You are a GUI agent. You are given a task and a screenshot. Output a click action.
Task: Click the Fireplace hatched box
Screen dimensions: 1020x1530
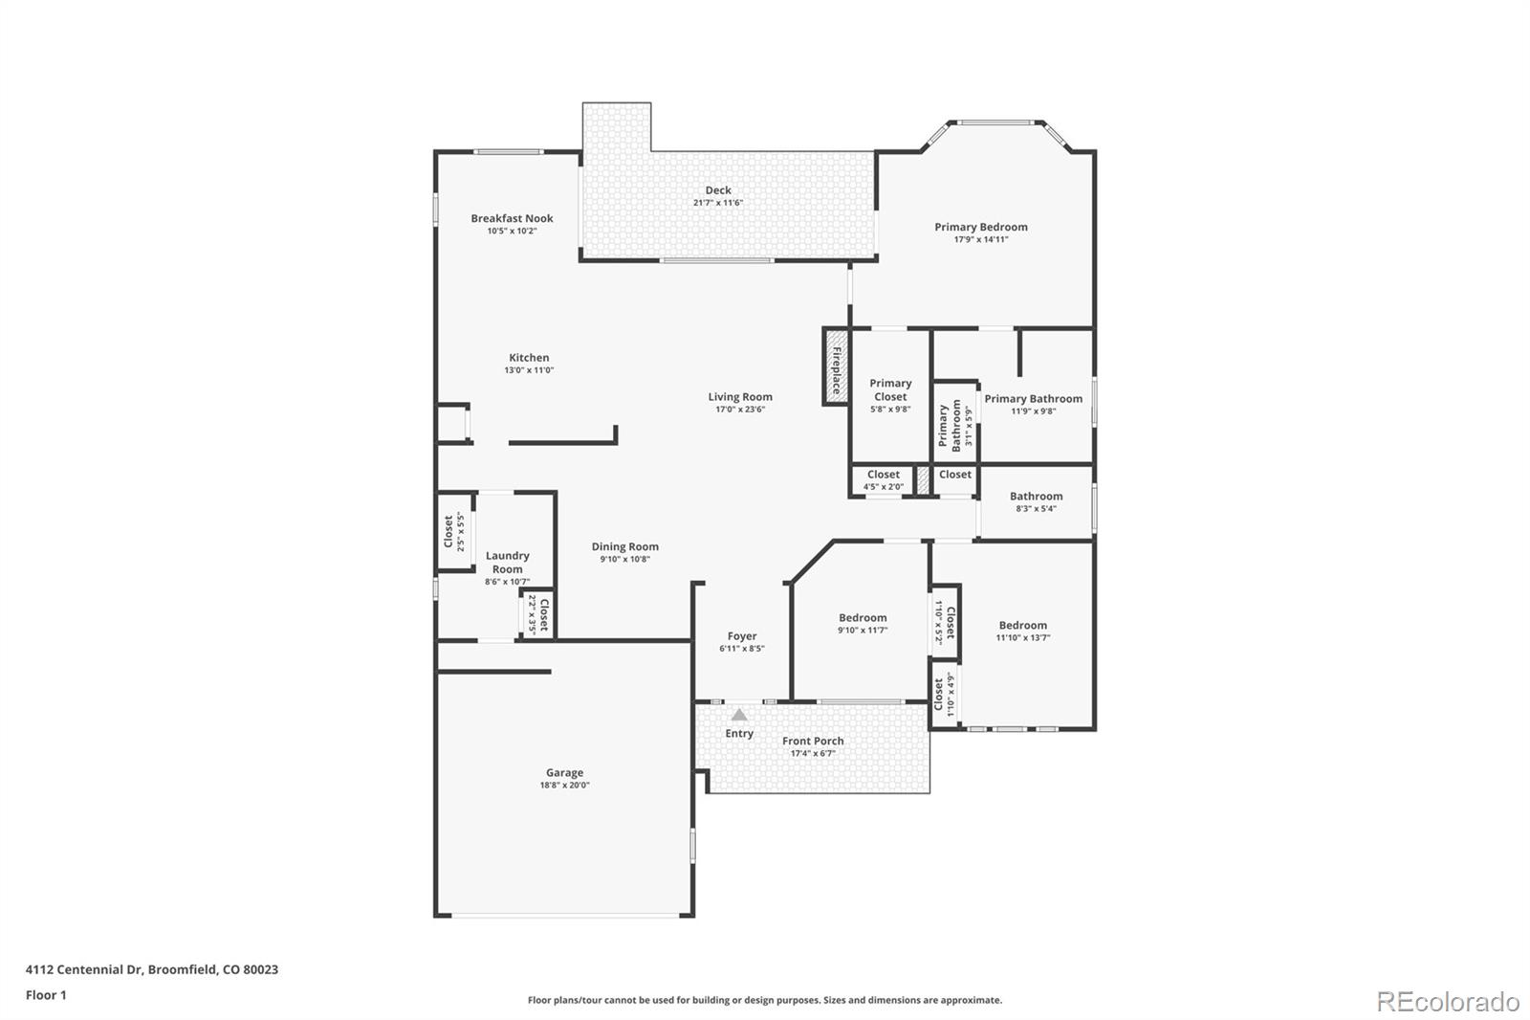pyautogui.click(x=836, y=367)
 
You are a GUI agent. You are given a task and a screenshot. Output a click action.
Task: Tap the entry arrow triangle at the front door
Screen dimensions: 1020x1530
pyautogui.click(x=739, y=715)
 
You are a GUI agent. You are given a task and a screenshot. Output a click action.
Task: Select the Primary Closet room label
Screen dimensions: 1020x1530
pyautogui.click(x=890, y=389)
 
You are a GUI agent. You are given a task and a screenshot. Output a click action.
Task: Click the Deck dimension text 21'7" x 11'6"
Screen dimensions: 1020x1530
pyautogui.click(x=718, y=203)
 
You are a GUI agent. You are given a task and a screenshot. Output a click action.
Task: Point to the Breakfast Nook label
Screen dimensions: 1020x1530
pyautogui.click(x=512, y=218)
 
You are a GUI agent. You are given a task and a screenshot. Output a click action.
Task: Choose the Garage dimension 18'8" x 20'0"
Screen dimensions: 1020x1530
pyautogui.click(x=564, y=786)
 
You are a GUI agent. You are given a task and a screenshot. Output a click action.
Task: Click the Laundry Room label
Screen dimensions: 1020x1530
pyautogui.click(x=507, y=562)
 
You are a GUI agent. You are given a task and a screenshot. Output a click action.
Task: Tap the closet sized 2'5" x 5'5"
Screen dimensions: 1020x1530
pyautogui.click(x=454, y=532)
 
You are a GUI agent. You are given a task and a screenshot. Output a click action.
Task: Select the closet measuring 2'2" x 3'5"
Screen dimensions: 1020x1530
pyautogui.click(x=538, y=614)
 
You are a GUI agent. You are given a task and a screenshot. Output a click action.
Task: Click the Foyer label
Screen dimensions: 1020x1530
pyautogui.click(x=742, y=635)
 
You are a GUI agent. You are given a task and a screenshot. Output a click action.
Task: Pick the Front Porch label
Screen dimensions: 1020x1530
pyautogui.click(x=813, y=741)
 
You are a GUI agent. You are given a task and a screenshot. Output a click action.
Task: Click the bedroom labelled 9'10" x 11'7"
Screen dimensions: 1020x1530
pyautogui.click(x=863, y=623)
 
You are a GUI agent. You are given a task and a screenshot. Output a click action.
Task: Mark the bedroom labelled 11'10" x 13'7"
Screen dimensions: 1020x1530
pyautogui.click(x=1022, y=631)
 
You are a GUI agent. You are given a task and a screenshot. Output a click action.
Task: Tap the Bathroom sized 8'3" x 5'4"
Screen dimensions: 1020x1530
pyautogui.click(x=1036, y=501)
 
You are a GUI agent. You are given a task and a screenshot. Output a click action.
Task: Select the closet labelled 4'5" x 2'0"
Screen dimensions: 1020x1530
pyautogui.click(x=883, y=479)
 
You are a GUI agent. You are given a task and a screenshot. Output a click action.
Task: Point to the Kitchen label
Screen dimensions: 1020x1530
pyautogui.click(x=529, y=357)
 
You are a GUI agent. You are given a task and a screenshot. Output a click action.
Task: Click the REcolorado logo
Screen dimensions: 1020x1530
pyautogui.click(x=1447, y=1001)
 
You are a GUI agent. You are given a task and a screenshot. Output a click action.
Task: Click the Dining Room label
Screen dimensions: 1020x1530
pyautogui.click(x=624, y=546)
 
